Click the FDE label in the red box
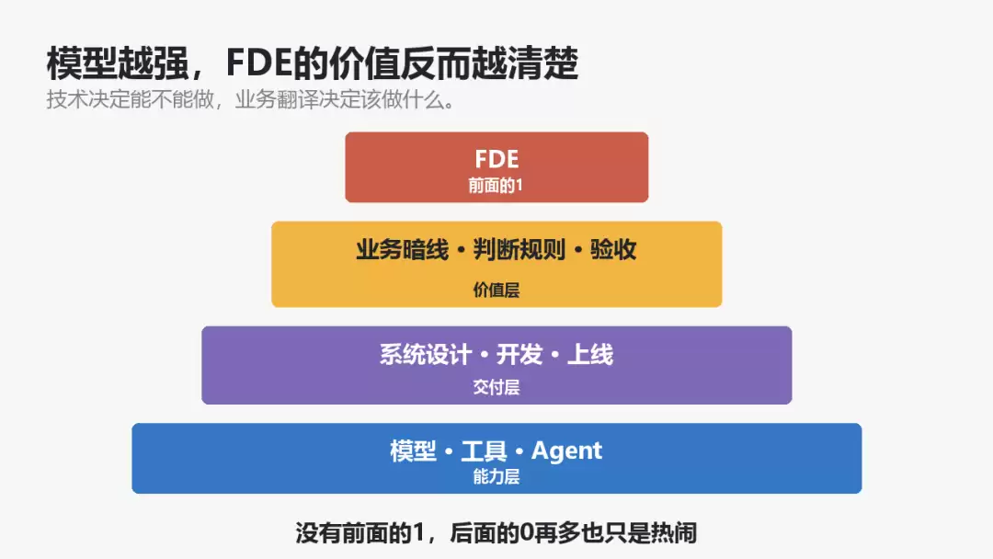(x=496, y=159)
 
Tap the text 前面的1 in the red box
(x=496, y=186)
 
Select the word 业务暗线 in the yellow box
(x=402, y=250)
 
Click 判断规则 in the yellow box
(x=519, y=250)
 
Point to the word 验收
(x=613, y=250)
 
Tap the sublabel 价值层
(x=496, y=290)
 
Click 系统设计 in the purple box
(x=426, y=355)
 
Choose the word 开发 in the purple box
(x=519, y=355)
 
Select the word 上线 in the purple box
(x=590, y=355)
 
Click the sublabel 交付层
(x=496, y=387)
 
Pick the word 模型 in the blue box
(x=413, y=451)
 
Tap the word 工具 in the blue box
(x=484, y=451)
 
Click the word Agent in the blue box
(x=566, y=451)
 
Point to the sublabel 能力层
(x=496, y=476)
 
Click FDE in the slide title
(x=258, y=63)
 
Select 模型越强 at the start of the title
(x=118, y=63)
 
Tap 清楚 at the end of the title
(x=542, y=63)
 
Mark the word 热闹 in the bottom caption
(x=673, y=533)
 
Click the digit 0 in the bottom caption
(x=527, y=533)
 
